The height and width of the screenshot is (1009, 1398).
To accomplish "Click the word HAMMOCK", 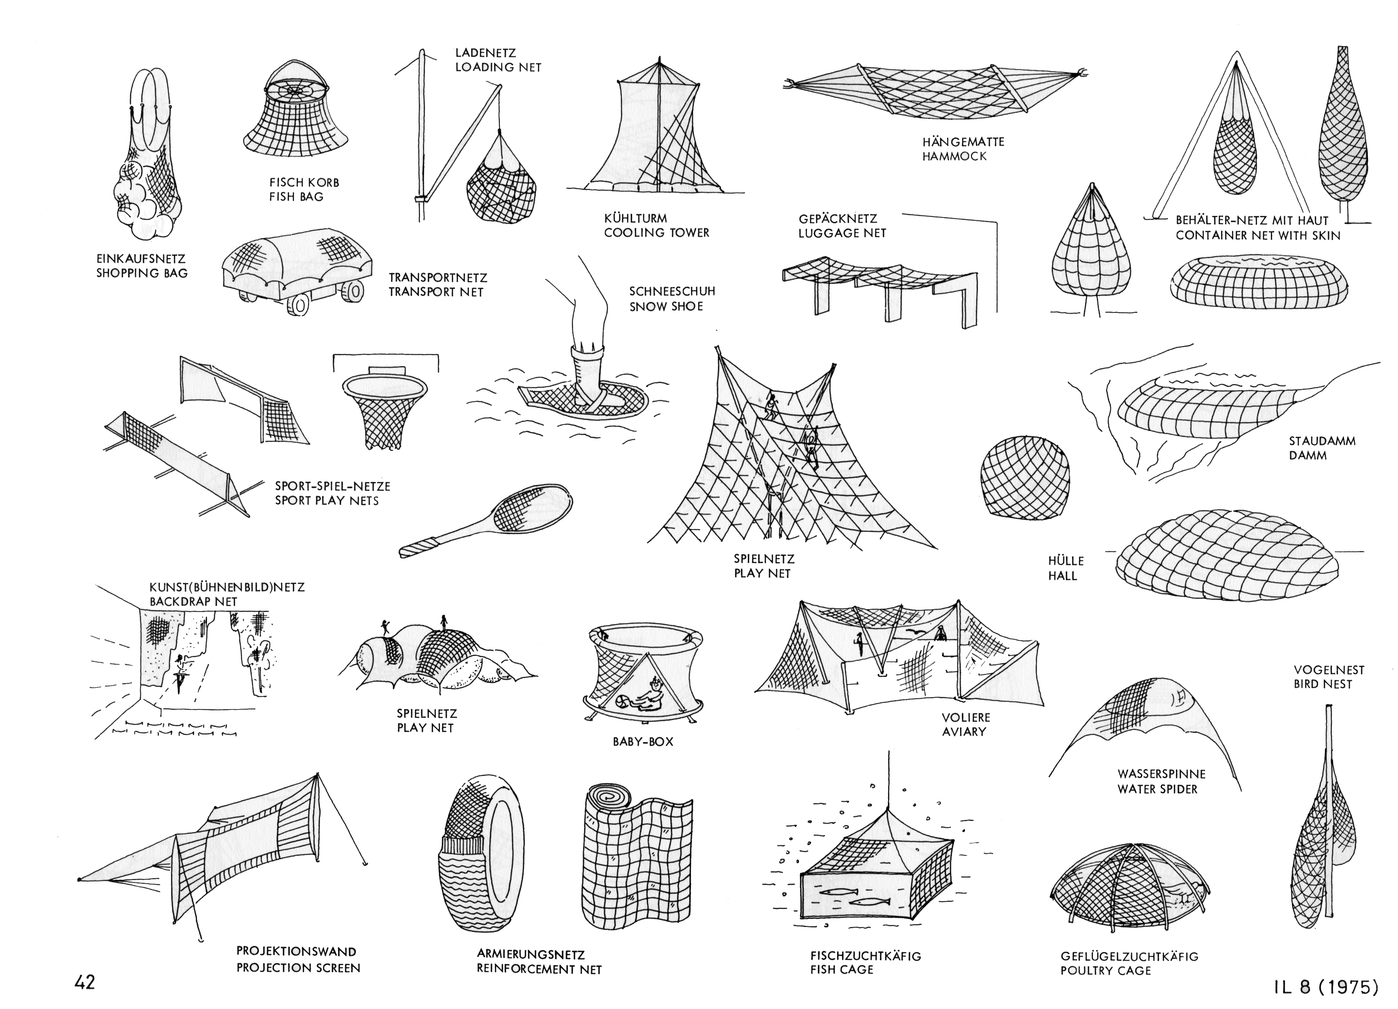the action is pyautogui.click(x=954, y=156).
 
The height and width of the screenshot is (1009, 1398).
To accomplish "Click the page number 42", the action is pyautogui.click(x=85, y=982).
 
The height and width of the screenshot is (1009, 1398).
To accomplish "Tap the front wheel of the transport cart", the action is pyautogui.click(x=298, y=305).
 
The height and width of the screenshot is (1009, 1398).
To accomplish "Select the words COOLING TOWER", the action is pyautogui.click(x=656, y=233).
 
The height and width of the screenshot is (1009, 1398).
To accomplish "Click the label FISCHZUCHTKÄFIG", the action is pyautogui.click(x=865, y=956).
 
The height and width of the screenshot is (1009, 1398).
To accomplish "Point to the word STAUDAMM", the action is pyautogui.click(x=1314, y=441).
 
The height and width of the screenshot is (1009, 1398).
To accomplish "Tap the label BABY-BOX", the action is pyautogui.click(x=643, y=742).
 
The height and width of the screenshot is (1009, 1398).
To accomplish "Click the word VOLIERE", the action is pyautogui.click(x=966, y=717).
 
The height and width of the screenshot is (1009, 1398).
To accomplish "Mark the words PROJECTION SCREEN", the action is pyautogui.click(x=298, y=968).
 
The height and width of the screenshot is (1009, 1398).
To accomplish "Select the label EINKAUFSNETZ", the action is pyautogui.click(x=141, y=259).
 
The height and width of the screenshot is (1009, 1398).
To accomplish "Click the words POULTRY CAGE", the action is pyautogui.click(x=1106, y=971).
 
